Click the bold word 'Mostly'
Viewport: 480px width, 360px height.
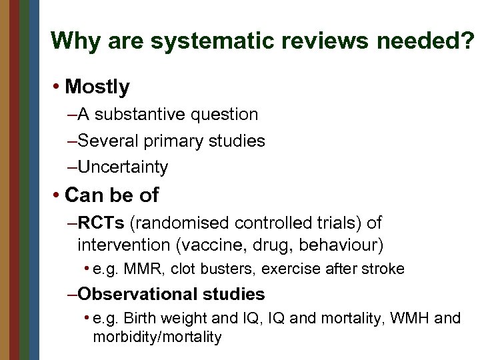(98, 87)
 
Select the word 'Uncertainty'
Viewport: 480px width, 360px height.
(123, 167)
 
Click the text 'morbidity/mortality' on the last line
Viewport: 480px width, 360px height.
(157, 337)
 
